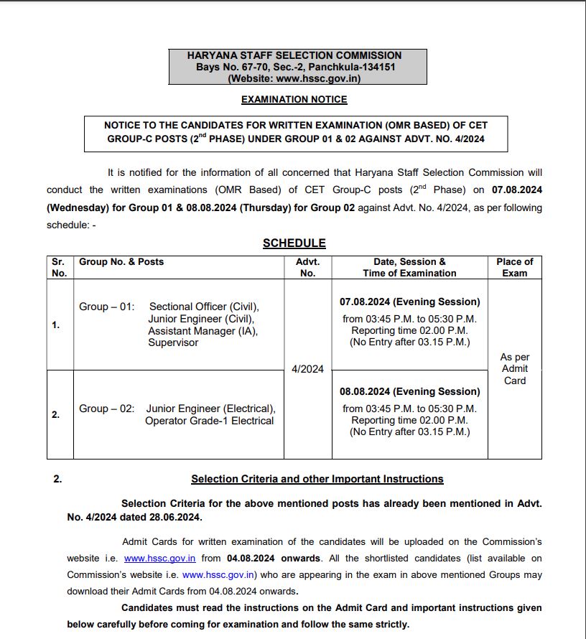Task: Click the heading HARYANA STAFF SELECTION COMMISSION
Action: point(294,55)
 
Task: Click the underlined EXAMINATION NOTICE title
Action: point(294,99)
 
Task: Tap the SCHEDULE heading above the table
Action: point(294,243)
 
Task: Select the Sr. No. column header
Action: point(60,267)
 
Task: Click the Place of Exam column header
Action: point(514,267)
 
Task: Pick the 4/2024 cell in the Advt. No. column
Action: point(307,369)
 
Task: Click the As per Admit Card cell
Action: point(514,369)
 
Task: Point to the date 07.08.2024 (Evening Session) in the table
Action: point(409,302)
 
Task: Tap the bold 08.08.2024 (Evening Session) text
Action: point(409,391)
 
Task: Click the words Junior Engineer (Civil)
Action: point(201,319)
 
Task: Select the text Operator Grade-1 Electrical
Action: point(209,421)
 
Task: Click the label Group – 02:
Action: point(106,409)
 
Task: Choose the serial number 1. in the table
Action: point(55,325)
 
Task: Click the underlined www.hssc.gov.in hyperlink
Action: point(159,558)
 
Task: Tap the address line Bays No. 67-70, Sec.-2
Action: point(296,67)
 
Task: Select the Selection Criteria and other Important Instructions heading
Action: point(317,479)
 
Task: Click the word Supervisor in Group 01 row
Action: point(173,342)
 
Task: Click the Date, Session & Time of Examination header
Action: point(409,267)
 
